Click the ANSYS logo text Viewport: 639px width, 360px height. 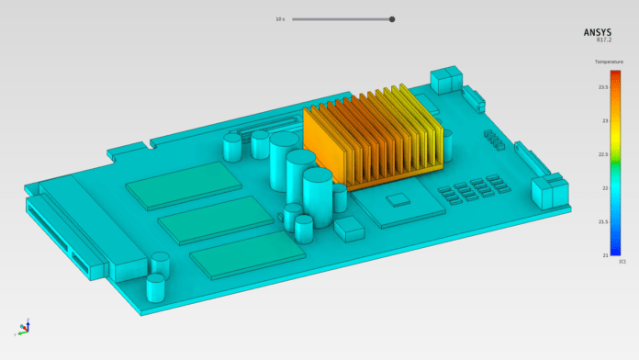coord(597,32)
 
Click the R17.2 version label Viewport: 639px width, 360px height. coord(603,40)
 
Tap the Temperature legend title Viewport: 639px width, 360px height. coord(609,62)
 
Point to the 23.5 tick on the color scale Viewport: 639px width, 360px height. coord(604,87)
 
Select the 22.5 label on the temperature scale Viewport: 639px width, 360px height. coord(604,154)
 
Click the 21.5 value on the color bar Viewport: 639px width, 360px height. coord(604,221)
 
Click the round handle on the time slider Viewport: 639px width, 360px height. coord(392,18)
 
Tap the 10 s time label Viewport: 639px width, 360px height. coord(279,18)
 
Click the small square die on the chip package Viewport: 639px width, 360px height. coord(398,199)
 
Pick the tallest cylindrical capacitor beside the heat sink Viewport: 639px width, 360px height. coord(285,160)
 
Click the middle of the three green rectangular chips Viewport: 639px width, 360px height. coord(216,219)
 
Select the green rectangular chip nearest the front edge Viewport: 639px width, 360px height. coord(249,253)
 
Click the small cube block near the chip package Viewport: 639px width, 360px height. coord(349,229)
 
